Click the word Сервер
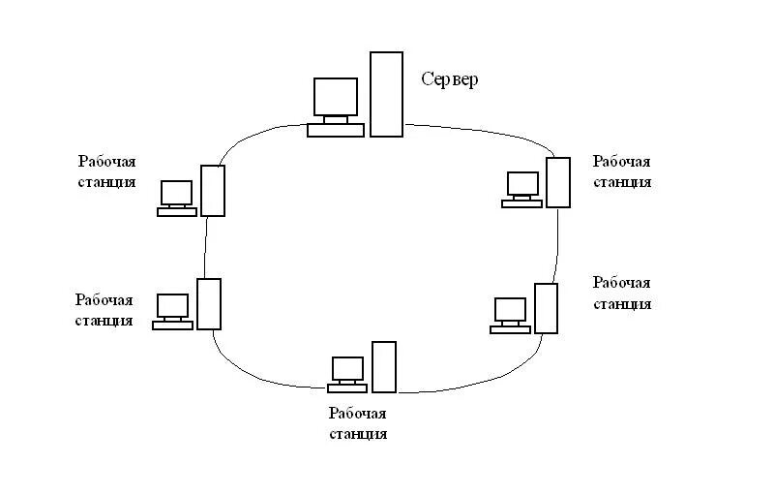click(x=450, y=79)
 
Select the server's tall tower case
click(x=386, y=94)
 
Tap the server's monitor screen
click(x=336, y=97)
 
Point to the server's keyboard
click(x=336, y=130)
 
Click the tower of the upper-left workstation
click(x=213, y=190)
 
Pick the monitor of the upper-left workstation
click(x=177, y=192)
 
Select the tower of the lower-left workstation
click(x=209, y=303)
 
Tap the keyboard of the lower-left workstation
click(x=172, y=325)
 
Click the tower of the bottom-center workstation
click(x=384, y=366)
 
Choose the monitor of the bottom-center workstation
click(x=347, y=368)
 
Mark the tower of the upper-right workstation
click(x=558, y=181)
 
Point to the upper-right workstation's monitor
click(x=522, y=184)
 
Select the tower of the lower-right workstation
click(x=547, y=308)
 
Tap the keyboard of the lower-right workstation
click(x=510, y=329)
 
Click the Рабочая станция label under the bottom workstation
click(x=358, y=423)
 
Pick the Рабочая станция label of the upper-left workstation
click(x=106, y=170)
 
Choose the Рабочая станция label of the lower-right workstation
click(x=622, y=293)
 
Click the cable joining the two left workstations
click(x=206, y=247)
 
